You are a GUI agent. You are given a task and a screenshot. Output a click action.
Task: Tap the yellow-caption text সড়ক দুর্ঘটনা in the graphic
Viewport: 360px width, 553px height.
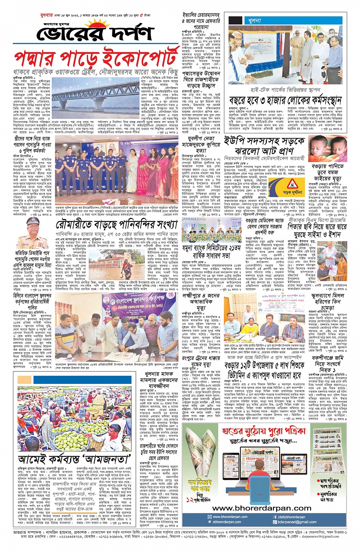tap(292, 193)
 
